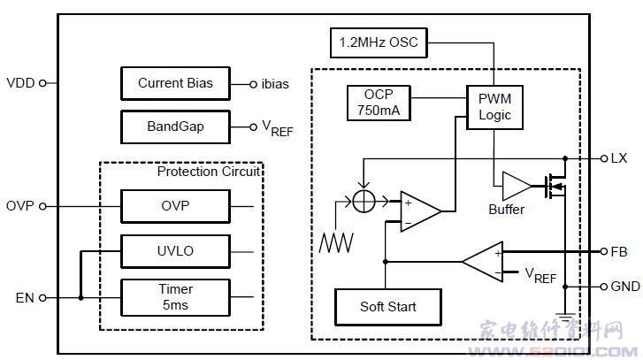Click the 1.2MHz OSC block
click(x=378, y=41)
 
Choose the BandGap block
click(x=175, y=126)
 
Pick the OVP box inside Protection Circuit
click(x=175, y=206)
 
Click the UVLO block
click(x=175, y=251)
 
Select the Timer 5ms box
click(x=175, y=295)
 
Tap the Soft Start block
click(x=387, y=307)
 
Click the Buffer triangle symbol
click(x=515, y=186)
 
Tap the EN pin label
click(x=25, y=297)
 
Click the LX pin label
click(x=618, y=158)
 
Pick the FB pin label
click(x=618, y=251)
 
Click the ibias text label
click(x=275, y=84)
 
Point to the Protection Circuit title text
click(x=208, y=172)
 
